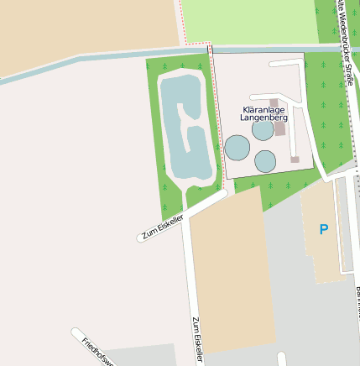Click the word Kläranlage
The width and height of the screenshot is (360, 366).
(264, 110)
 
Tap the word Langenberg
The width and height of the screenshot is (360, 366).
(263, 118)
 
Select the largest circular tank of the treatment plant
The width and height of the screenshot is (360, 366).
(237, 148)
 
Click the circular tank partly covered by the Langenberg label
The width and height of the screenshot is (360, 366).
(263, 130)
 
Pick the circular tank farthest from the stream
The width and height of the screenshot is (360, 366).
(265, 161)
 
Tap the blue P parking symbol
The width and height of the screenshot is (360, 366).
(324, 228)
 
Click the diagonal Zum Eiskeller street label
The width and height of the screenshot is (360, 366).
(162, 227)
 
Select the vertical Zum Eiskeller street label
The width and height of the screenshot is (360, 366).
(198, 339)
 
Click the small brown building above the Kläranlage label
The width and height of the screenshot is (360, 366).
(274, 102)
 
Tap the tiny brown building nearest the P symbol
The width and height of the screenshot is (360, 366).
(295, 159)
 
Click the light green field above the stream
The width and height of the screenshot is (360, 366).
(248, 21)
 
